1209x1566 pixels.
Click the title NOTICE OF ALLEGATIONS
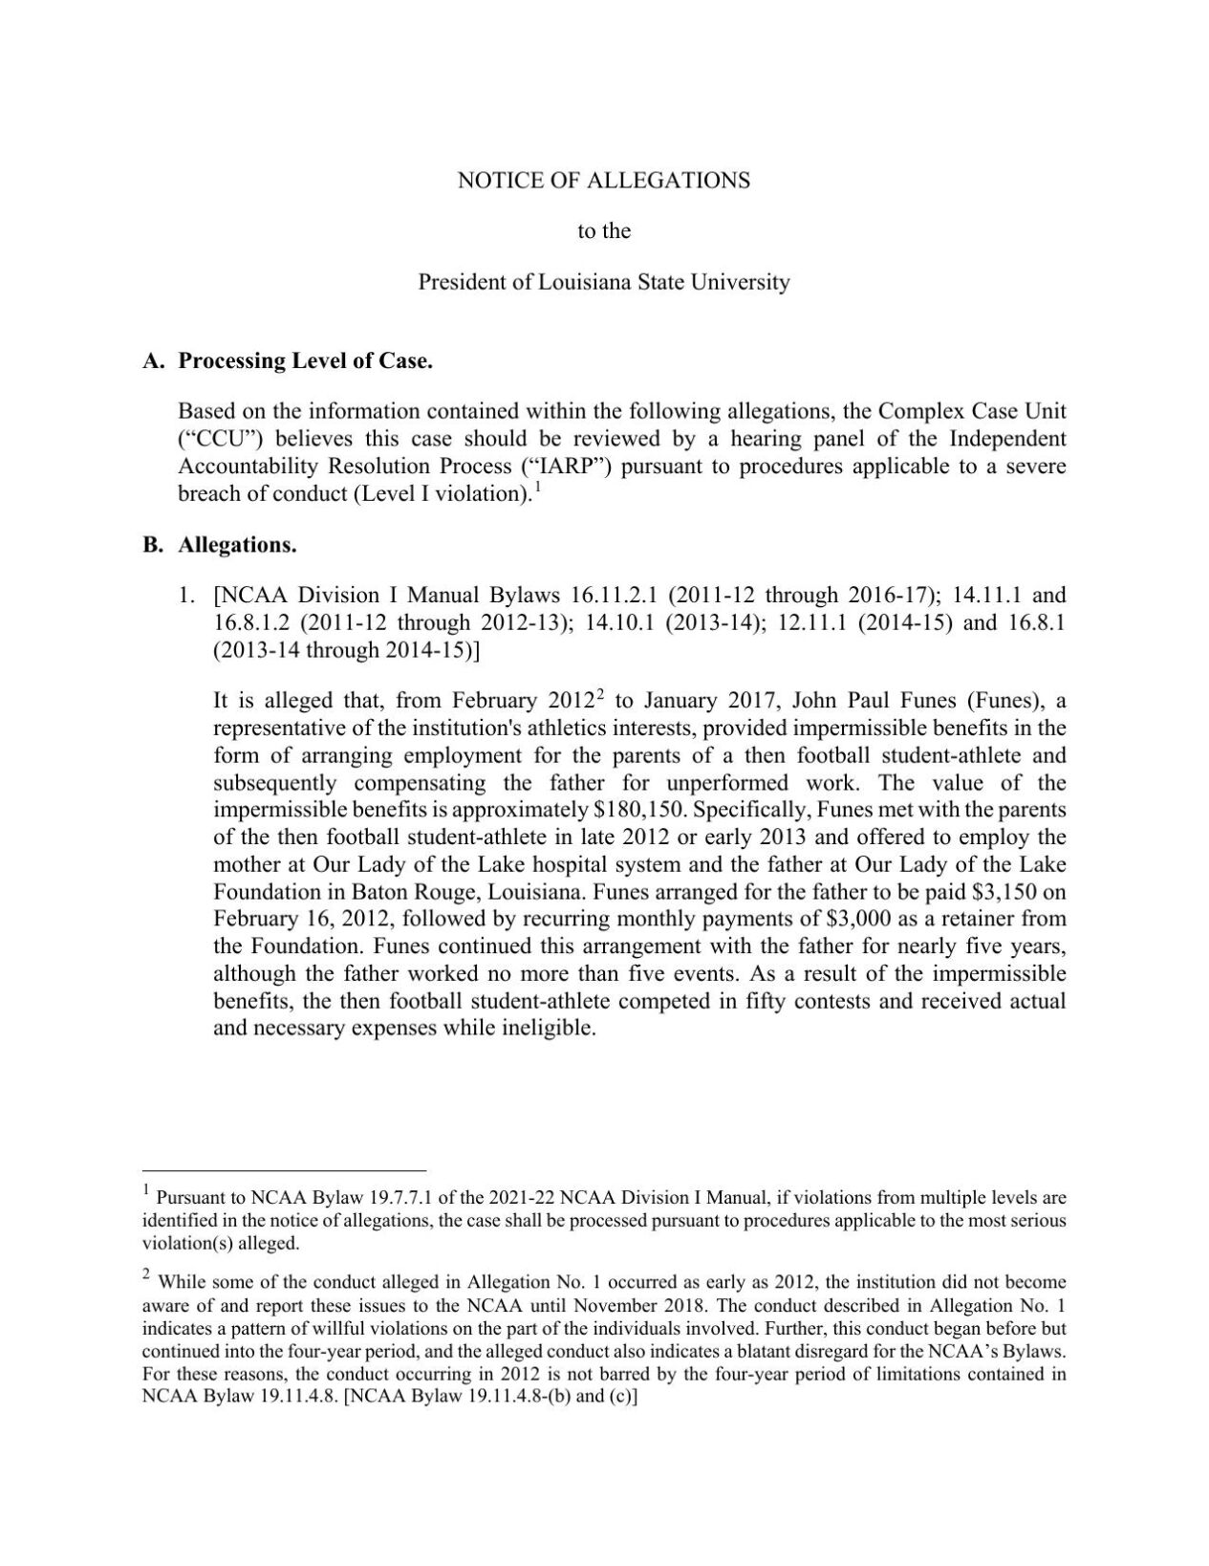pos(603,180)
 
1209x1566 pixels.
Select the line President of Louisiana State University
pos(603,282)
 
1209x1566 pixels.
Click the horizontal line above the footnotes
pos(284,1169)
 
